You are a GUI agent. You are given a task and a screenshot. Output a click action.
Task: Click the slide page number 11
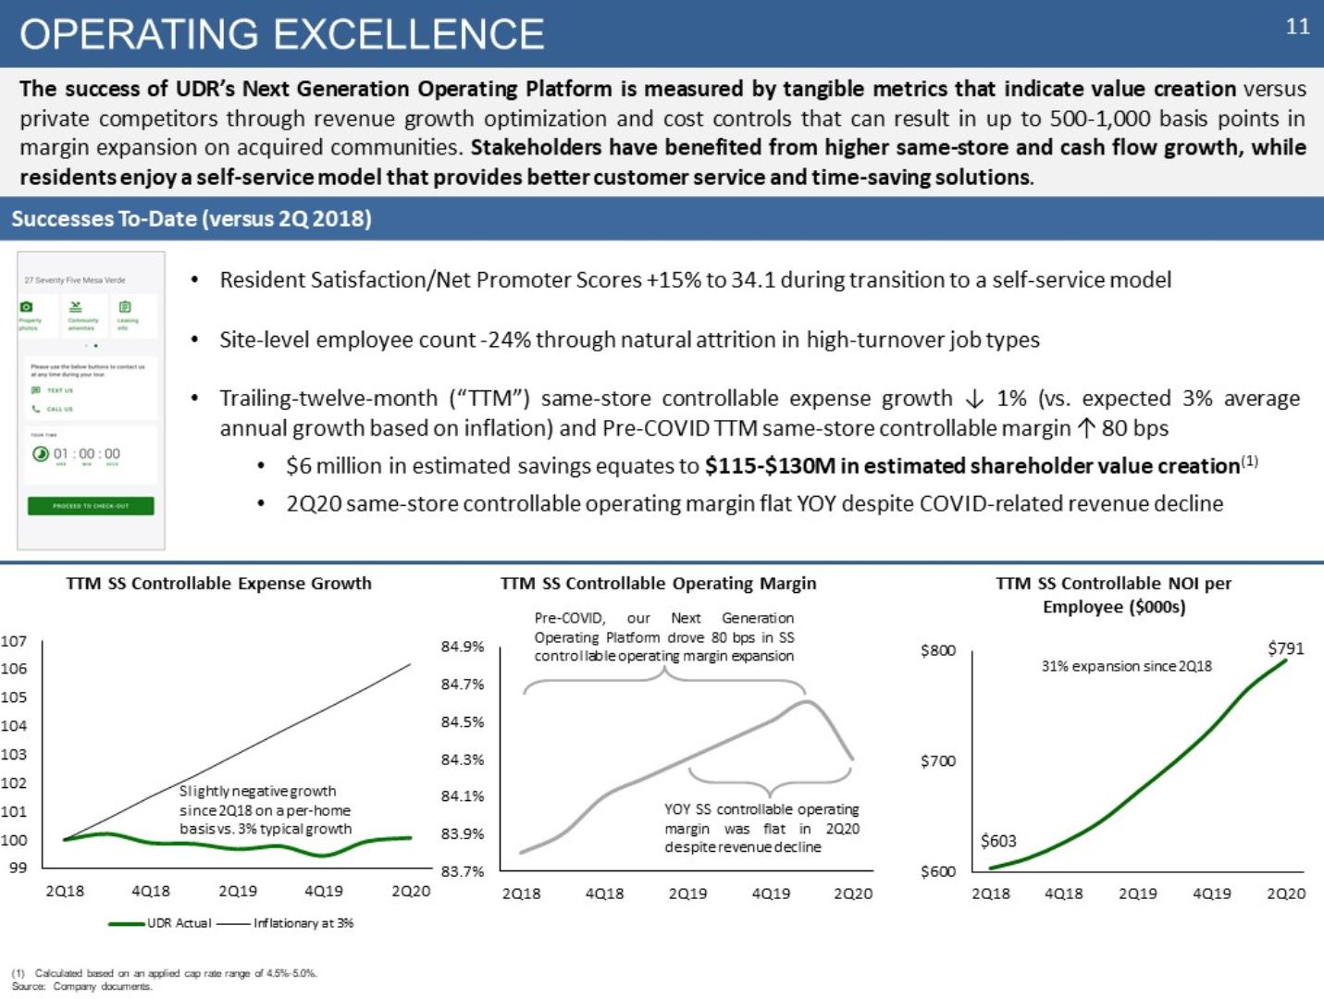[1297, 27]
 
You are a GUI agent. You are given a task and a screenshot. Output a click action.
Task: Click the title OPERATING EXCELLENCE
[281, 34]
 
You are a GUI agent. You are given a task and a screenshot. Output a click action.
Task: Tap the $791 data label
[1285, 648]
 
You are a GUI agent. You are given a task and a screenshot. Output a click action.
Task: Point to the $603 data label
[998, 841]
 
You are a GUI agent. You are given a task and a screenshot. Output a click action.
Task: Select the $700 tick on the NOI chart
[937, 761]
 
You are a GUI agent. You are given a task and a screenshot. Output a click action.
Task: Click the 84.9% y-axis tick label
[463, 647]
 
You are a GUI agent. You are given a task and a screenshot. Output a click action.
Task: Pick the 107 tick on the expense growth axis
[14, 641]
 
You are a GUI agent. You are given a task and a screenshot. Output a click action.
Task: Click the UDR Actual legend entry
[178, 923]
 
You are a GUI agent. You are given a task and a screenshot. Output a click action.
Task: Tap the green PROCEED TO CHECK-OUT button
[91, 506]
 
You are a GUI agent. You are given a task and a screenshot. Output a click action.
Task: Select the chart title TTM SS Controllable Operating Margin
[658, 584]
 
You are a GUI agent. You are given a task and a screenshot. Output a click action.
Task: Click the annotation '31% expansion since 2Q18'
[1126, 666]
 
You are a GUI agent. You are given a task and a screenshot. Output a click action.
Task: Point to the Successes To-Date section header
[192, 219]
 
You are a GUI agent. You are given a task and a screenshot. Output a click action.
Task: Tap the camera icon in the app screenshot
[27, 307]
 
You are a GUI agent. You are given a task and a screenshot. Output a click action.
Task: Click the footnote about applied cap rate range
[164, 973]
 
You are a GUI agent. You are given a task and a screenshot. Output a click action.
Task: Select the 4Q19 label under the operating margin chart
[771, 894]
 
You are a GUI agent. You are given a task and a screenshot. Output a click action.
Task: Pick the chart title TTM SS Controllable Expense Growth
[218, 584]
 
